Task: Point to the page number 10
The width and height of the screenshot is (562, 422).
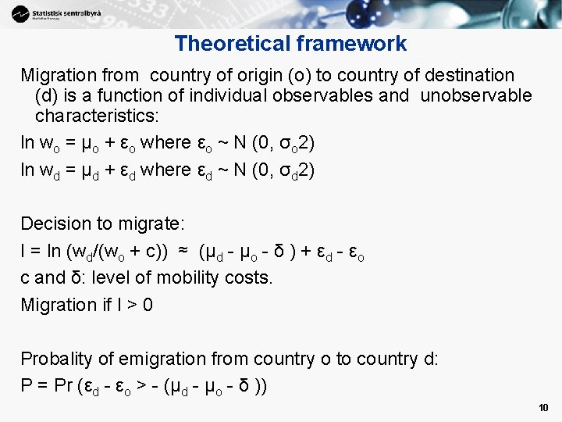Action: pos(543,408)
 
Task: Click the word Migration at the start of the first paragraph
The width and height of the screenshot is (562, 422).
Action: pos(59,76)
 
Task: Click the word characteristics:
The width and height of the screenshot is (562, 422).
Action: pos(97,116)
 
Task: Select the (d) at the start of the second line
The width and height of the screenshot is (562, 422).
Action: pos(48,96)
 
